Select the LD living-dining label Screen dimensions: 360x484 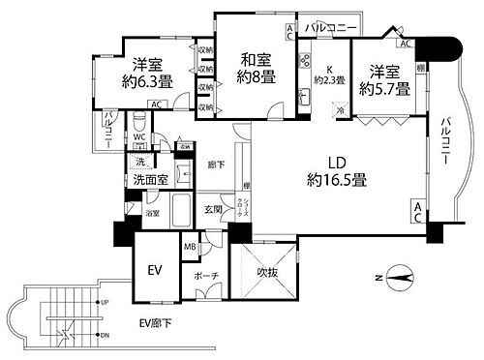336,162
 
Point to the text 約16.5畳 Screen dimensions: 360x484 336,179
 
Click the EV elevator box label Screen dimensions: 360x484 153,270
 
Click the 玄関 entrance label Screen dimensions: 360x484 213,208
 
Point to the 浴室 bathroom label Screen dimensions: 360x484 153,212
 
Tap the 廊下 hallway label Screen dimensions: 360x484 212,165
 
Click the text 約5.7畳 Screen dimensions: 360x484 385,88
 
